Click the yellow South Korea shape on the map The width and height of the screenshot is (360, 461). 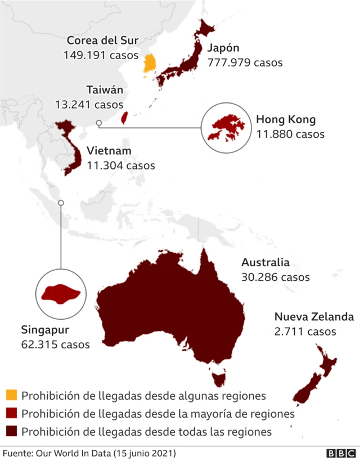150,65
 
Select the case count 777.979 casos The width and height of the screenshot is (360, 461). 245,62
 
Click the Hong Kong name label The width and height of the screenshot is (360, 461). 286,119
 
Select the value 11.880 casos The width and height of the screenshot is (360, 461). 290,134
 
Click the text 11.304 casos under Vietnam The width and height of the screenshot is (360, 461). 121,165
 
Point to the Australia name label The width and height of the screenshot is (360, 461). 265,262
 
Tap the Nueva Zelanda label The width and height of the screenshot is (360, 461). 314,316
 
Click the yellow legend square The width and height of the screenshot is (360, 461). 11,396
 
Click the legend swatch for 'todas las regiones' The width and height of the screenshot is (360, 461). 11,432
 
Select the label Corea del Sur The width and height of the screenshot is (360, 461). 102,41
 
